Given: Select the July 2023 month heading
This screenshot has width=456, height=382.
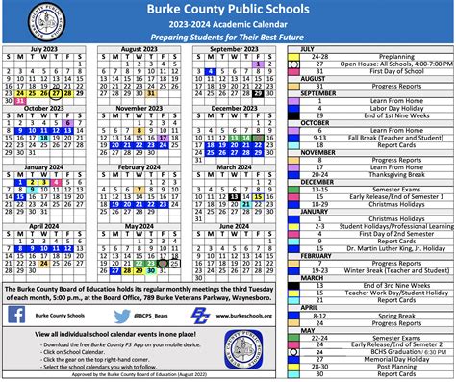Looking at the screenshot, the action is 44,48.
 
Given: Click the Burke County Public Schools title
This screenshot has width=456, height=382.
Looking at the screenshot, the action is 228,10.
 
